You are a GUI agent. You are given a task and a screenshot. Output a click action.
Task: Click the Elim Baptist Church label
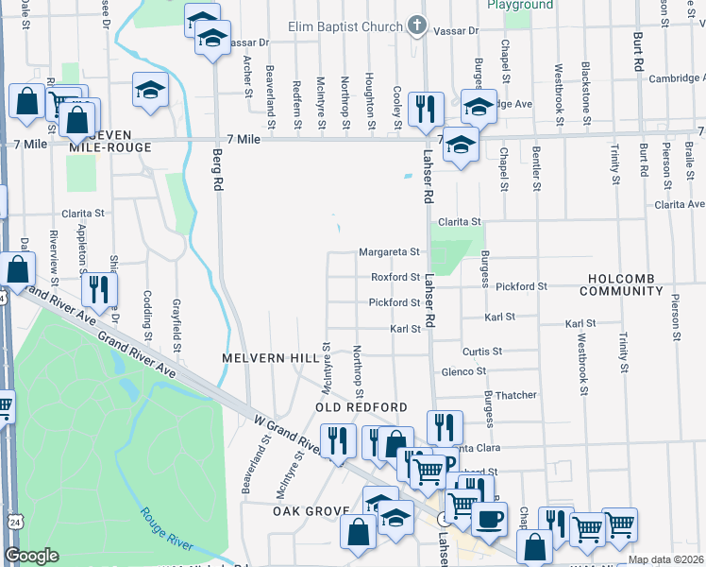347,26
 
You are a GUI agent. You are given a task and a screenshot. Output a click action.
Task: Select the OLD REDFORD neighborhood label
361,407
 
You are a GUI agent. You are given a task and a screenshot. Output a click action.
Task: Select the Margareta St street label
388,252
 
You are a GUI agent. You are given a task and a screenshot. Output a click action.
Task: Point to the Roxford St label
395,278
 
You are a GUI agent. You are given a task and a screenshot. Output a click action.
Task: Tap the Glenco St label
463,372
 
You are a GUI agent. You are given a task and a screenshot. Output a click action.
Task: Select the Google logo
31,556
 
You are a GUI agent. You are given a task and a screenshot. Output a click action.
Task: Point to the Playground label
520,5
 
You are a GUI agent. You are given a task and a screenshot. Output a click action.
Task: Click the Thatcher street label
515,395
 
